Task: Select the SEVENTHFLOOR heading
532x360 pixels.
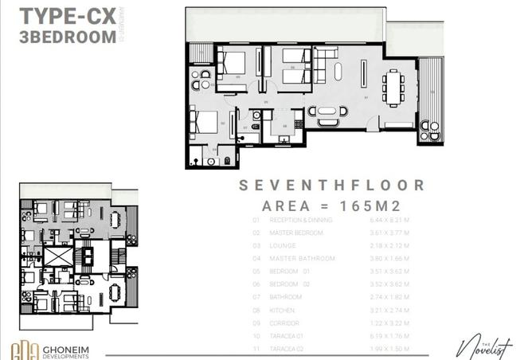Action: tap(332, 186)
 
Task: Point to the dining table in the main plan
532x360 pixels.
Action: tap(393, 86)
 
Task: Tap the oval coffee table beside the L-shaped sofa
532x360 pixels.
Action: tap(339, 72)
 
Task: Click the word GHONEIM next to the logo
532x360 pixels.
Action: tap(79, 347)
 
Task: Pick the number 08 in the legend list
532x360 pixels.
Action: tap(256, 310)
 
